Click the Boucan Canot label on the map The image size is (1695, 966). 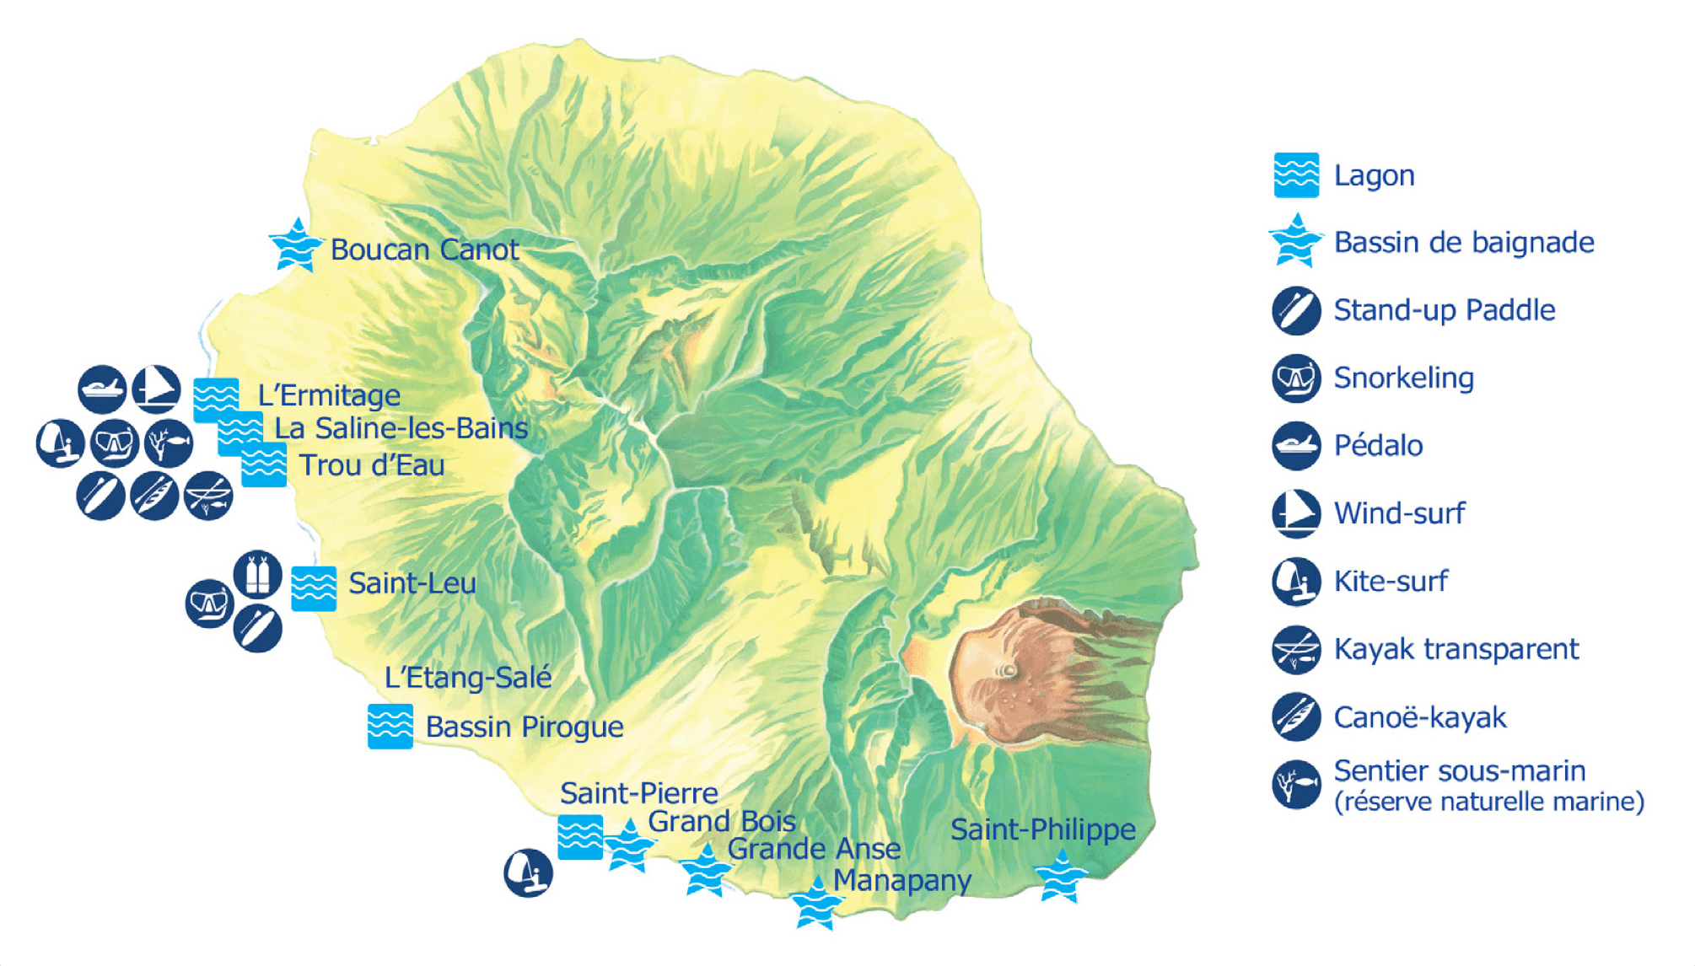tap(424, 250)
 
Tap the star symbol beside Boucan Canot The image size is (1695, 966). tap(296, 245)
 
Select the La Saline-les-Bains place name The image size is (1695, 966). tap(401, 428)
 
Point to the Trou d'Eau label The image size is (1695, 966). tap(372, 465)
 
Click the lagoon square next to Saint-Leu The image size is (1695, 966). tap(314, 588)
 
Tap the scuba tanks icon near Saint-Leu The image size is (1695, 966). tap(258, 574)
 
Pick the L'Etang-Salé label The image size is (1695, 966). tap(468, 677)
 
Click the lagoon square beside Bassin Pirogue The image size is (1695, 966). tap(390, 726)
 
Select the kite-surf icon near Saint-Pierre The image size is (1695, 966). tap(528, 872)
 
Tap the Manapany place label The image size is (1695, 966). tap(902, 880)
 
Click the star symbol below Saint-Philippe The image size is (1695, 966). tap(1061, 877)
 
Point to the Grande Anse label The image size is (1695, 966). tap(814, 849)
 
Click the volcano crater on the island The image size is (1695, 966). tap(1009, 671)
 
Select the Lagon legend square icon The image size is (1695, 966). tap(1296, 175)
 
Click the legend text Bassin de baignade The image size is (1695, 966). tap(1464, 243)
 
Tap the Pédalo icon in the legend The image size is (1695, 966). tap(1296, 446)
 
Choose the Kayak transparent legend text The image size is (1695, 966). tap(1456, 649)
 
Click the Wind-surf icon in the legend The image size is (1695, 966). tap(1296, 513)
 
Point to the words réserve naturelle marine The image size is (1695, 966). tap(1489, 802)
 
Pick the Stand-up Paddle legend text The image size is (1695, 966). tap(1445, 310)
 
